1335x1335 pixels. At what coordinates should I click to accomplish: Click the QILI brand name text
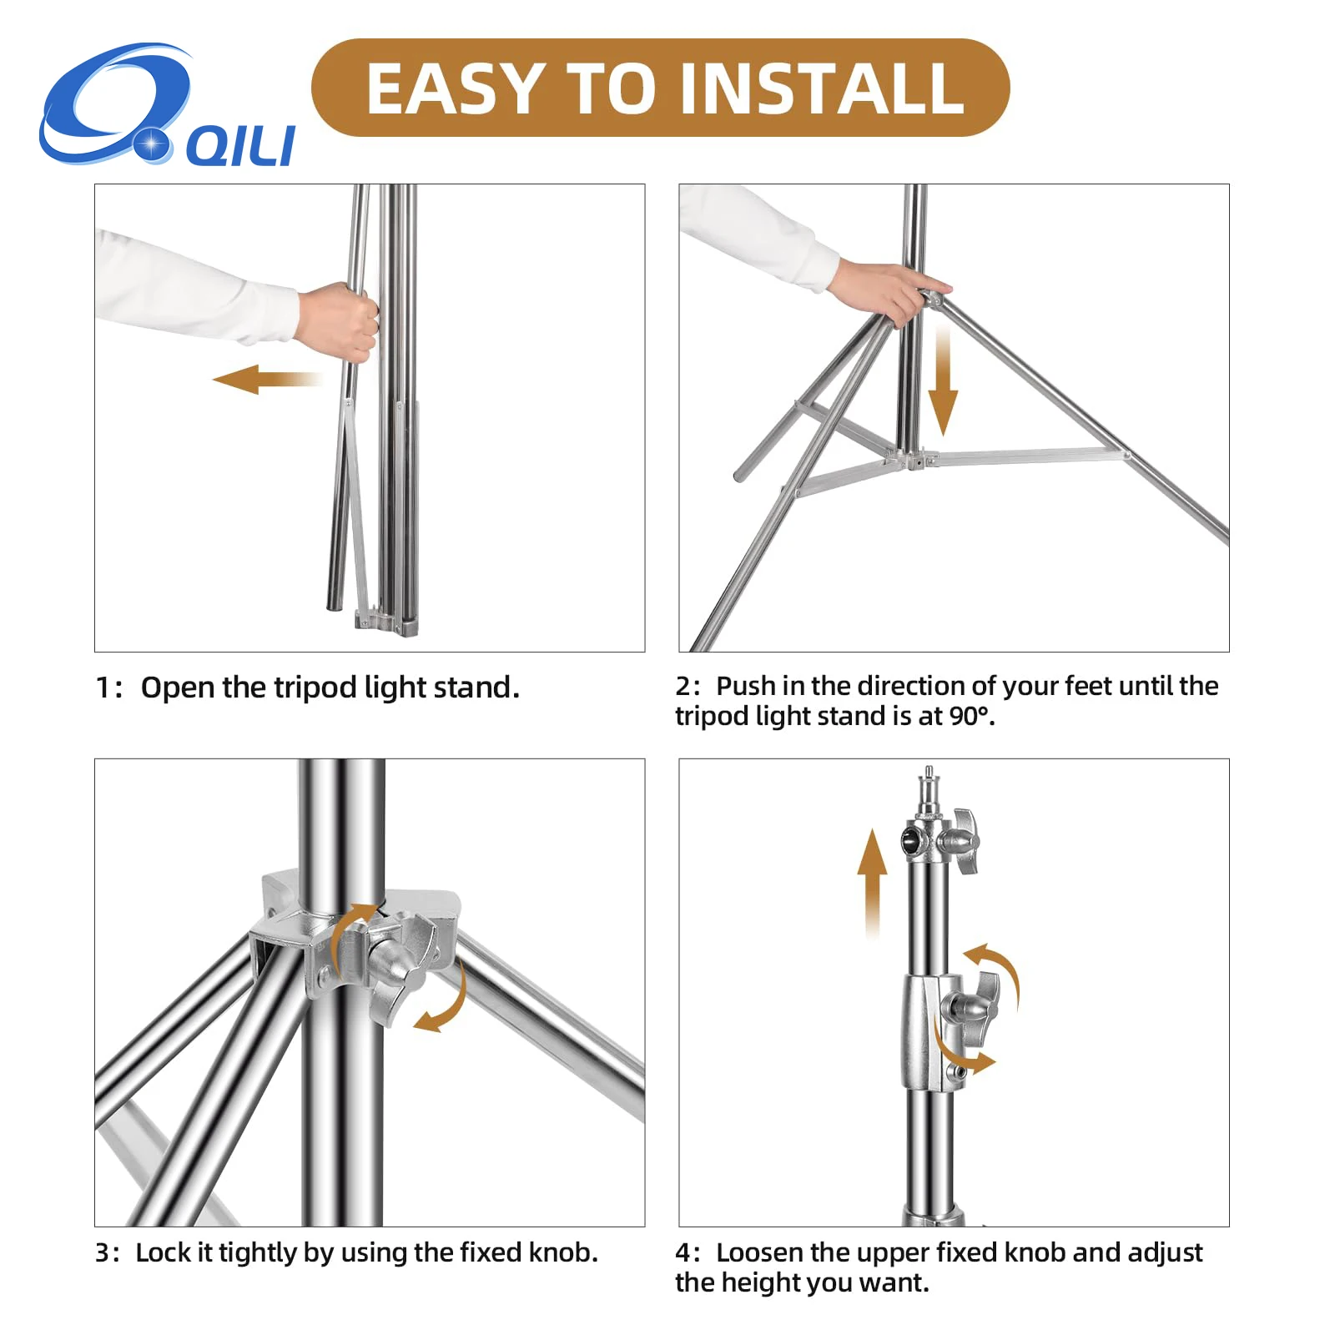click(x=240, y=147)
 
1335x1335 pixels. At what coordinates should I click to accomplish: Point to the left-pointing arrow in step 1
click(x=267, y=379)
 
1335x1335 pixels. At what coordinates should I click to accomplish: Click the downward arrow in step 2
click(x=943, y=380)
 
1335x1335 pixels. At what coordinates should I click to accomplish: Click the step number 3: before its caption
click(x=108, y=1253)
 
